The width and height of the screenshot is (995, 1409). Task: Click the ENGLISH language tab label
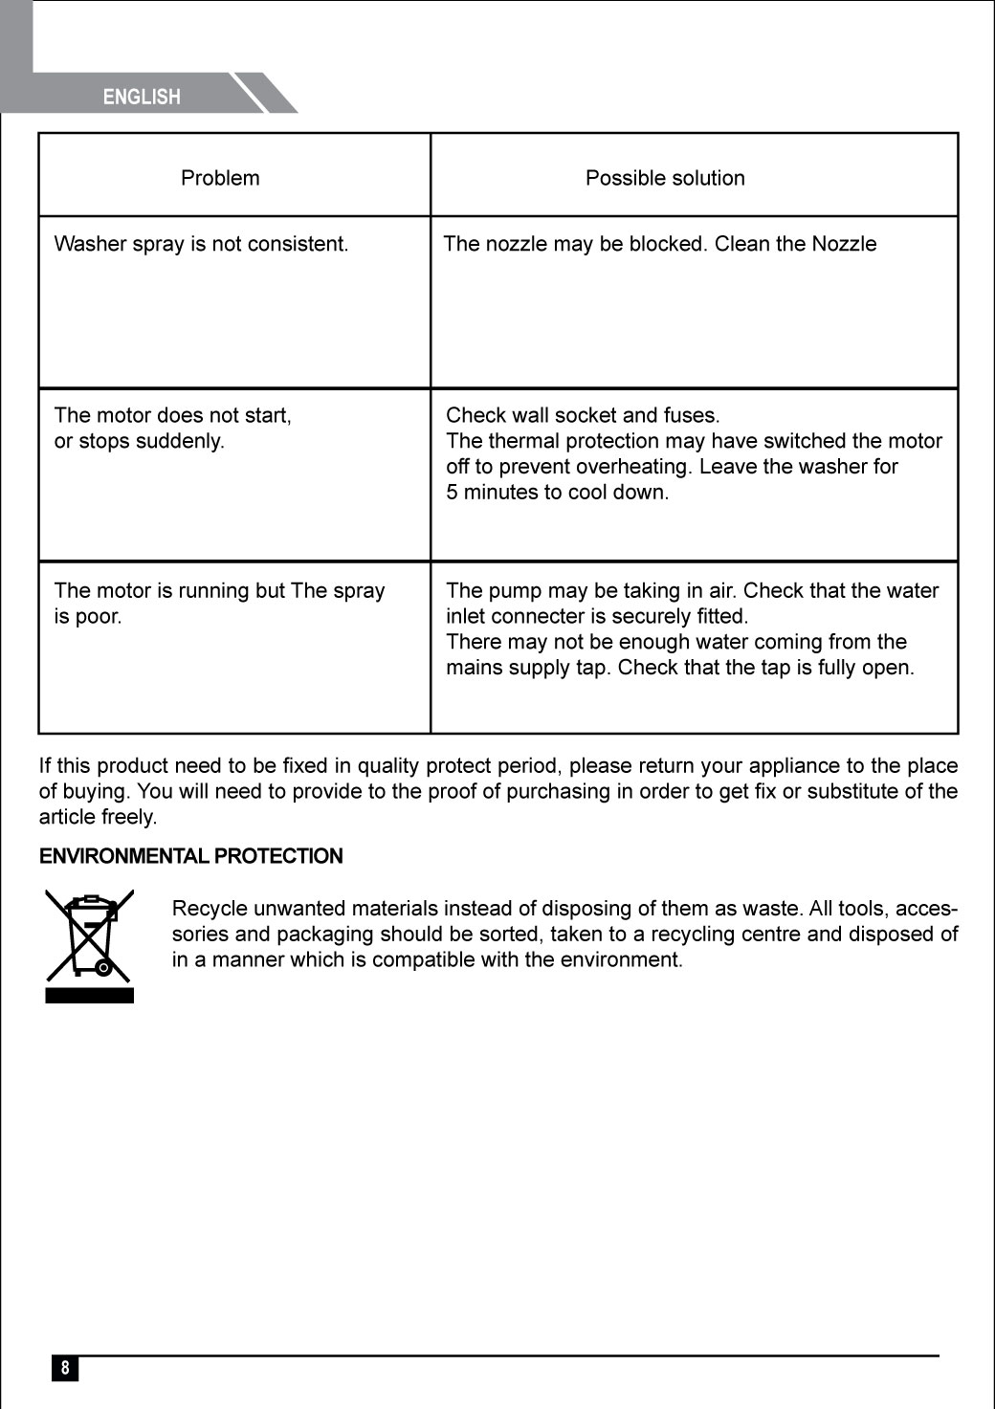142,97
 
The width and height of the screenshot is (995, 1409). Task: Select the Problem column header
220,178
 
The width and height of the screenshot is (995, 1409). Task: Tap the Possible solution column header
665,178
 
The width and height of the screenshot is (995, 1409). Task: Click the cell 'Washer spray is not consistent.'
201,244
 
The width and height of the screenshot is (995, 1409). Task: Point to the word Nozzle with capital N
844,244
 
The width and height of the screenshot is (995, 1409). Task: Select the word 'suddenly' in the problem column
182,441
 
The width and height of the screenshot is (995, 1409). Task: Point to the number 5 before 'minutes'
452,493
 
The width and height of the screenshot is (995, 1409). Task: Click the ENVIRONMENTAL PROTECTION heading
190,856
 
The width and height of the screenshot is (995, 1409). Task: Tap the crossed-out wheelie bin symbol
90,935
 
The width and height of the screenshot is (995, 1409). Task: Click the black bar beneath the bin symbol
90,996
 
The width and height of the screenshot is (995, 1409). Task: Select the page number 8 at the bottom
65,1368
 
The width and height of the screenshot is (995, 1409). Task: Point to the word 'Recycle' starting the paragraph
210,909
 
